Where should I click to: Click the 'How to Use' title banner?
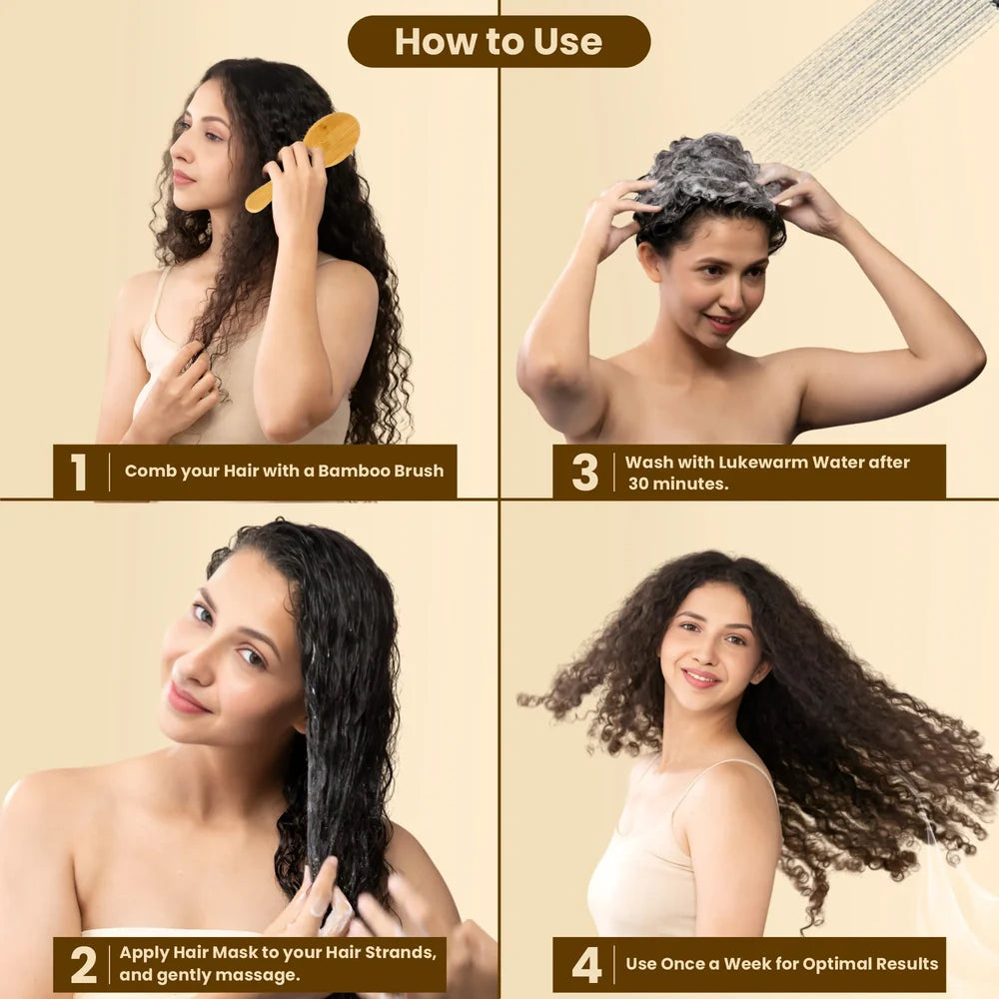click(499, 41)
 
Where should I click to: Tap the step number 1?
click(78, 473)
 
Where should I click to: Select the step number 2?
click(84, 965)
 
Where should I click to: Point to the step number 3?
click(584, 473)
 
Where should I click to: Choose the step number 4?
click(586, 965)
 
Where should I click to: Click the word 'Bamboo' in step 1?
click(354, 471)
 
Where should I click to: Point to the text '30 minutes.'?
click(678, 484)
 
